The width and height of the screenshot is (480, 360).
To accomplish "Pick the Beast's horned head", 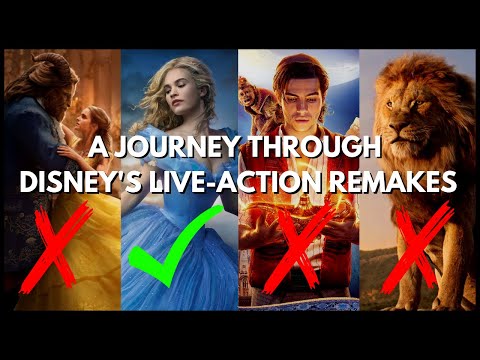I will coord(38,85).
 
